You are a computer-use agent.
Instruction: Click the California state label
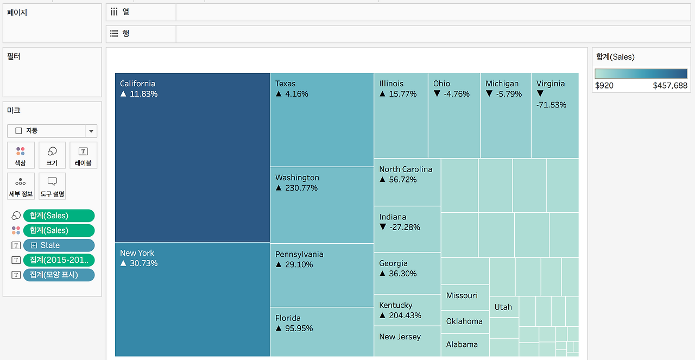coord(137,84)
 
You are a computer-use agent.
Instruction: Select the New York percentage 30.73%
coord(144,263)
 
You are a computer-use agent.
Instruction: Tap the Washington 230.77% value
coord(301,188)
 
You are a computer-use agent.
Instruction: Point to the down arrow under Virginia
coord(540,93)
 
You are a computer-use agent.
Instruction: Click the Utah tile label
coord(503,307)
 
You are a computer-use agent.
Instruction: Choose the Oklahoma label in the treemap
coord(464,321)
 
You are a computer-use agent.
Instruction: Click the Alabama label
coord(462,344)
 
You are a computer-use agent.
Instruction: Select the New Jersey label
coord(400,337)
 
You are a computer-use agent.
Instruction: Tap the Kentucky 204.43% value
coord(405,315)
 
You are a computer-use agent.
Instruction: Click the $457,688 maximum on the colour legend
coord(670,85)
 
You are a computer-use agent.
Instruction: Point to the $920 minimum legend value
coord(604,85)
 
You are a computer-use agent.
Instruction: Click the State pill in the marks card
coord(59,245)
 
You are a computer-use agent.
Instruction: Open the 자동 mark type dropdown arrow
coord(91,131)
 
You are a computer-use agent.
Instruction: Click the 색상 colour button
coord(21,155)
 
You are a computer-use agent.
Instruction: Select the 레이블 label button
coord(83,155)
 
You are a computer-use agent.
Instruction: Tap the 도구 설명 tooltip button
coord(52,186)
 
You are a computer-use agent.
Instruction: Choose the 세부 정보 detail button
coord(21,186)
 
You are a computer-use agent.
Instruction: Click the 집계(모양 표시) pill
coord(59,275)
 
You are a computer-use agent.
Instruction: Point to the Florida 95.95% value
coord(299,329)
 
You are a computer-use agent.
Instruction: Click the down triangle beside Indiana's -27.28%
coord(383,227)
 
